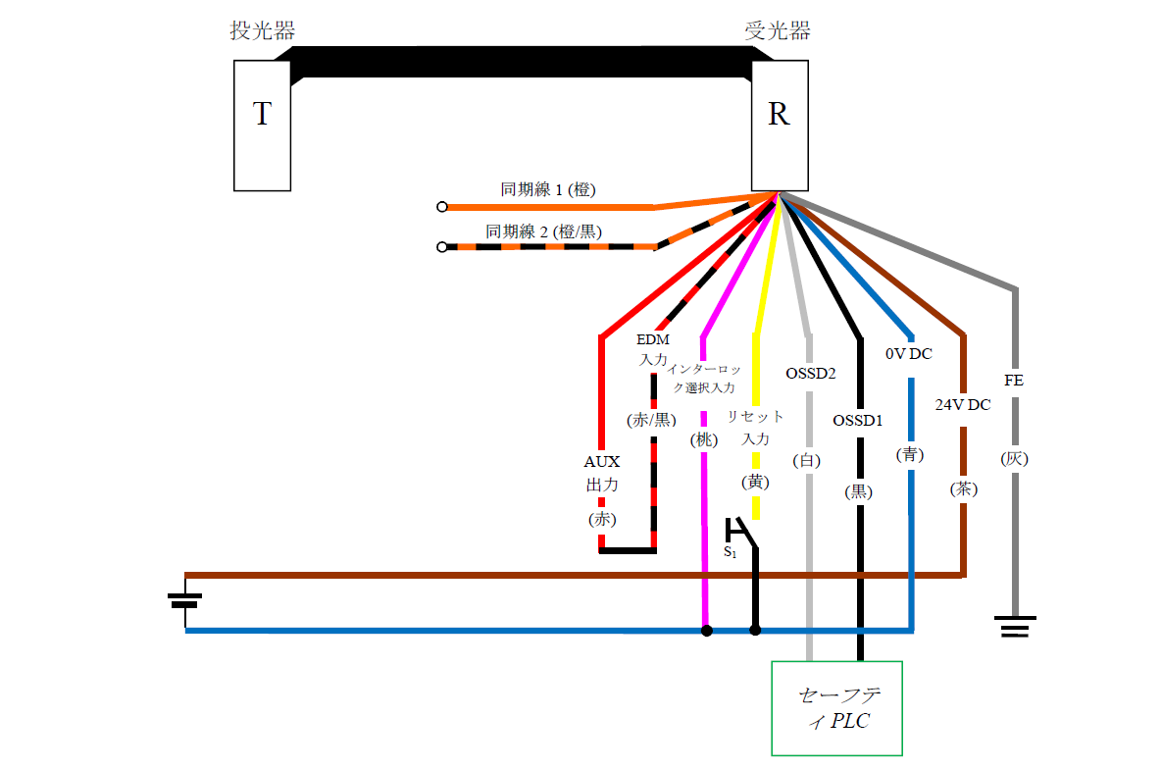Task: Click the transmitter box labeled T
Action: coord(262,125)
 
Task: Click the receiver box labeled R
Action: coord(779,125)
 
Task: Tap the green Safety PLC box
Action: coord(836,708)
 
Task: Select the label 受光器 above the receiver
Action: coord(778,30)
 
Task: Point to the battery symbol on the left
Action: coord(185,599)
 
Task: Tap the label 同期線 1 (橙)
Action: coord(548,190)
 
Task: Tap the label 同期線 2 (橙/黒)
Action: coord(544,231)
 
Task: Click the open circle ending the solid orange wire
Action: coord(442,207)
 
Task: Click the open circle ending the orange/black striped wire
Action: coord(442,247)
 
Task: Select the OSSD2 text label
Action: coord(811,374)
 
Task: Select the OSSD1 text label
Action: coord(858,421)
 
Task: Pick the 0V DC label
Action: coord(909,354)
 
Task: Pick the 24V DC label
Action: coord(962,404)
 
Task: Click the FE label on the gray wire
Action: coord(1014,380)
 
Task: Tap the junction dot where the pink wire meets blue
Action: coord(706,631)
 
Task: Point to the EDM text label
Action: coord(653,339)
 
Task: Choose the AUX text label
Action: coord(602,461)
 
